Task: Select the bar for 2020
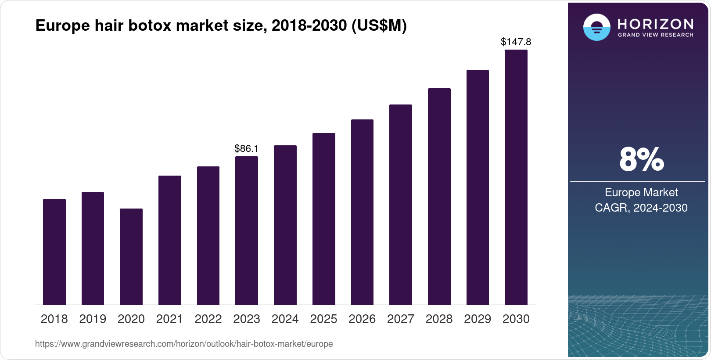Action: pyautogui.click(x=131, y=257)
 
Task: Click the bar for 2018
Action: pyautogui.click(x=54, y=252)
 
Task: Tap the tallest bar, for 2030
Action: pyautogui.click(x=516, y=177)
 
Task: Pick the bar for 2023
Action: pyautogui.click(x=247, y=230)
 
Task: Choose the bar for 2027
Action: pyautogui.click(x=401, y=205)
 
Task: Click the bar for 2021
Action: pyautogui.click(x=170, y=240)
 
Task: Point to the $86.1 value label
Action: pyautogui.click(x=247, y=148)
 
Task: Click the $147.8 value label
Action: pyautogui.click(x=516, y=42)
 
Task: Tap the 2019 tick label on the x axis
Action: pyautogui.click(x=93, y=319)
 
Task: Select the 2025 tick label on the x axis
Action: pyautogui.click(x=323, y=319)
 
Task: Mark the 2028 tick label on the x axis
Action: pyautogui.click(x=439, y=319)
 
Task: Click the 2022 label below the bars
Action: pyautogui.click(x=208, y=319)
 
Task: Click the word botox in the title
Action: pyautogui.click(x=150, y=25)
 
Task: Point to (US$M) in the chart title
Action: pyautogui.click(x=379, y=25)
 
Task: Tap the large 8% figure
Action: pyautogui.click(x=641, y=159)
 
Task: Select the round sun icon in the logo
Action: pyautogui.click(x=596, y=27)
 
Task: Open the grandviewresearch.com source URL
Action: pyautogui.click(x=184, y=344)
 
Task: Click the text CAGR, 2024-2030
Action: pyautogui.click(x=641, y=208)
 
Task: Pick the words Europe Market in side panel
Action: pyautogui.click(x=641, y=192)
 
